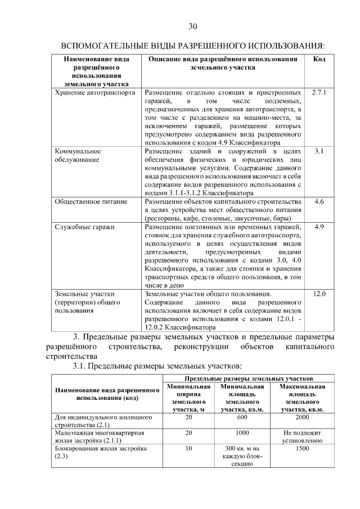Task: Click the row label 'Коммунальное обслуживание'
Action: [78, 155]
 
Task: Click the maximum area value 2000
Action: [302, 417]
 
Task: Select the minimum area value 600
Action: [242, 417]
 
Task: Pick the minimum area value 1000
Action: [242, 433]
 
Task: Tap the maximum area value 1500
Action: [302, 449]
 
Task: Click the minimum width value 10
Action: [188, 449]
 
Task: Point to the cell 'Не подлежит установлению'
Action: [302, 437]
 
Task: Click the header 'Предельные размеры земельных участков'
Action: [248, 379]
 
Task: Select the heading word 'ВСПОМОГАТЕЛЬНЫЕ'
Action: [105, 45]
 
